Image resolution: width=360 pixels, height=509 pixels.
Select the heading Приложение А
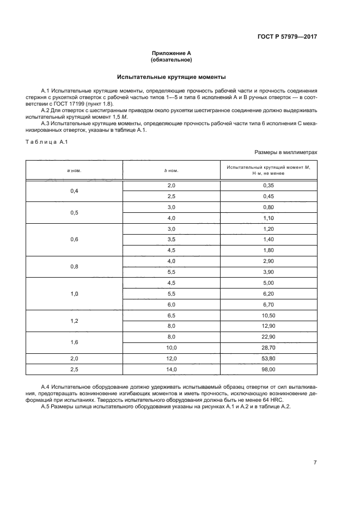[x=172, y=53]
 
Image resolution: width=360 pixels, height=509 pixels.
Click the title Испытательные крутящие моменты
[x=172, y=77]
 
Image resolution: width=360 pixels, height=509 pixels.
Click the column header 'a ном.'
[x=74, y=170]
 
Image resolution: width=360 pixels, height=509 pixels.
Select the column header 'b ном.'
[x=172, y=170]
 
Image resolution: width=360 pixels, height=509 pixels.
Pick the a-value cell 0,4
[x=74, y=191]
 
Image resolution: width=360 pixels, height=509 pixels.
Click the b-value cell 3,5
[x=172, y=240]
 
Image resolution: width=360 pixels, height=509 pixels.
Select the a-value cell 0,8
[x=74, y=266]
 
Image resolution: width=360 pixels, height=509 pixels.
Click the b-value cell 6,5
[x=172, y=316]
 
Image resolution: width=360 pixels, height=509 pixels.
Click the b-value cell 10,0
[x=172, y=347]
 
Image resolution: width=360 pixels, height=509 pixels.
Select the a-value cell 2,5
[x=74, y=369]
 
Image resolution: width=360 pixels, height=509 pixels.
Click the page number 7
[x=315, y=463]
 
